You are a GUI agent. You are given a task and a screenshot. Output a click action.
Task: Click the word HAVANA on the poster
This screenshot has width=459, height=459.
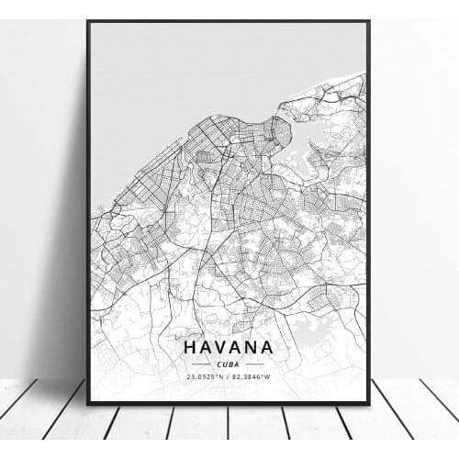(228, 348)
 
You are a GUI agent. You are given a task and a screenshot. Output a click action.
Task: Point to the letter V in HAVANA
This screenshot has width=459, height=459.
(221, 348)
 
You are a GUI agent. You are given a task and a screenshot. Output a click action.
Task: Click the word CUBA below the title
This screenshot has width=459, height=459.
(228, 364)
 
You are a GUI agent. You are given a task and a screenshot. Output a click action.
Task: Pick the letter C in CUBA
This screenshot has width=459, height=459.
(218, 364)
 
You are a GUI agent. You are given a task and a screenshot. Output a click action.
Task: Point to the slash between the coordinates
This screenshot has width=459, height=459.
(229, 375)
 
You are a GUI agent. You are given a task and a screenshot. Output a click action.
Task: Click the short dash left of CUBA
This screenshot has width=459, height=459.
(201, 364)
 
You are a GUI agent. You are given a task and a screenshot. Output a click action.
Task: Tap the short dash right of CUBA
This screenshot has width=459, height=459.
(255, 364)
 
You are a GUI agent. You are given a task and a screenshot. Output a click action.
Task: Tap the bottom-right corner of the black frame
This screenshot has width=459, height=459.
(368, 403)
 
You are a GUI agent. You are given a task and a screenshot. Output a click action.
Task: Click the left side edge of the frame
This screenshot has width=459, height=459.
(88, 211)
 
